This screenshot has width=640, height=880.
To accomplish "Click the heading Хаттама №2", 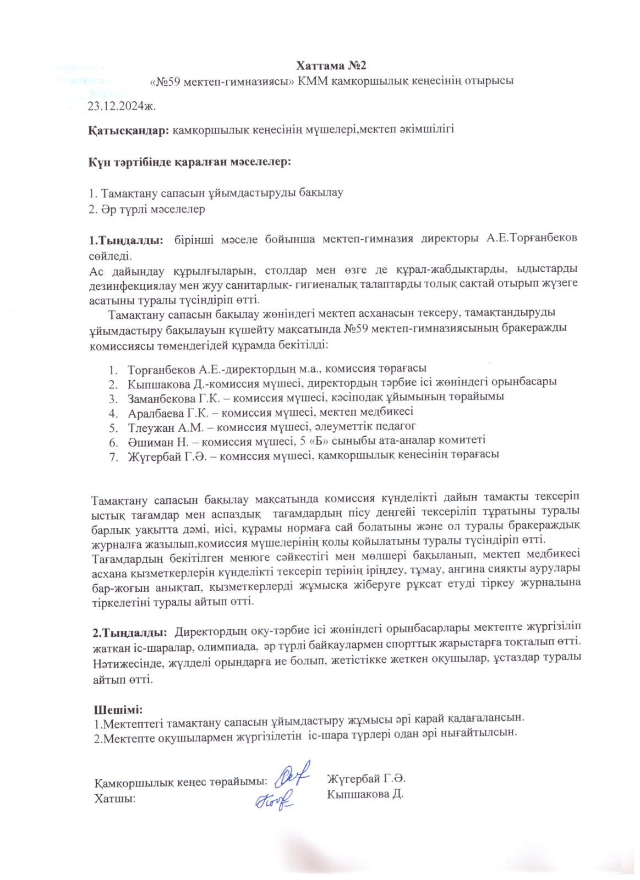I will [332, 65].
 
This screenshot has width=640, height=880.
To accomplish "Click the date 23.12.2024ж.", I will [122, 106].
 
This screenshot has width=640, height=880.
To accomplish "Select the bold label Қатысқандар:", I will [129, 130].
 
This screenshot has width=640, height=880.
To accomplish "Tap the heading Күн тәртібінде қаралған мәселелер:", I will [190, 163].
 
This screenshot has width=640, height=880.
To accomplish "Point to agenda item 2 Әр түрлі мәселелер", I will [147, 209].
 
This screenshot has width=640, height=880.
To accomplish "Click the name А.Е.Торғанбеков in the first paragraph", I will [532, 238].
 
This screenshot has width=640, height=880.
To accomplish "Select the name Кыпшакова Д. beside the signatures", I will [365, 794].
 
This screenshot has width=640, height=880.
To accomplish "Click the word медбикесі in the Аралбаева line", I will [389, 411].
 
